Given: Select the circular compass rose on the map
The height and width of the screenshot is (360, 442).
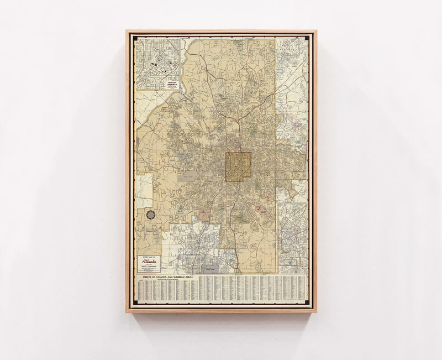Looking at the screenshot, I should click(x=150, y=215).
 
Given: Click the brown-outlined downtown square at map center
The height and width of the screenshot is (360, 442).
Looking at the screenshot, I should click(x=238, y=167).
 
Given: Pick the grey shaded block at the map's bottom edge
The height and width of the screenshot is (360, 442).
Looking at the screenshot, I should click(x=211, y=269).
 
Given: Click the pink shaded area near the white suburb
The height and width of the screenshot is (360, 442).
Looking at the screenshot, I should click(x=205, y=213).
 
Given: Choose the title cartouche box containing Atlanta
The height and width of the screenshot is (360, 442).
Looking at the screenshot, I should click(x=149, y=263).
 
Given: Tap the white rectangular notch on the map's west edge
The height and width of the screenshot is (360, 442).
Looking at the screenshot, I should click(x=144, y=191).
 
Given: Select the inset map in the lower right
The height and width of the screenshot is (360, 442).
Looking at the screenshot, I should click(x=292, y=238).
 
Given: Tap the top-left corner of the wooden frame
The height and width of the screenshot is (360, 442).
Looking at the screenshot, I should click(x=127, y=31).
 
